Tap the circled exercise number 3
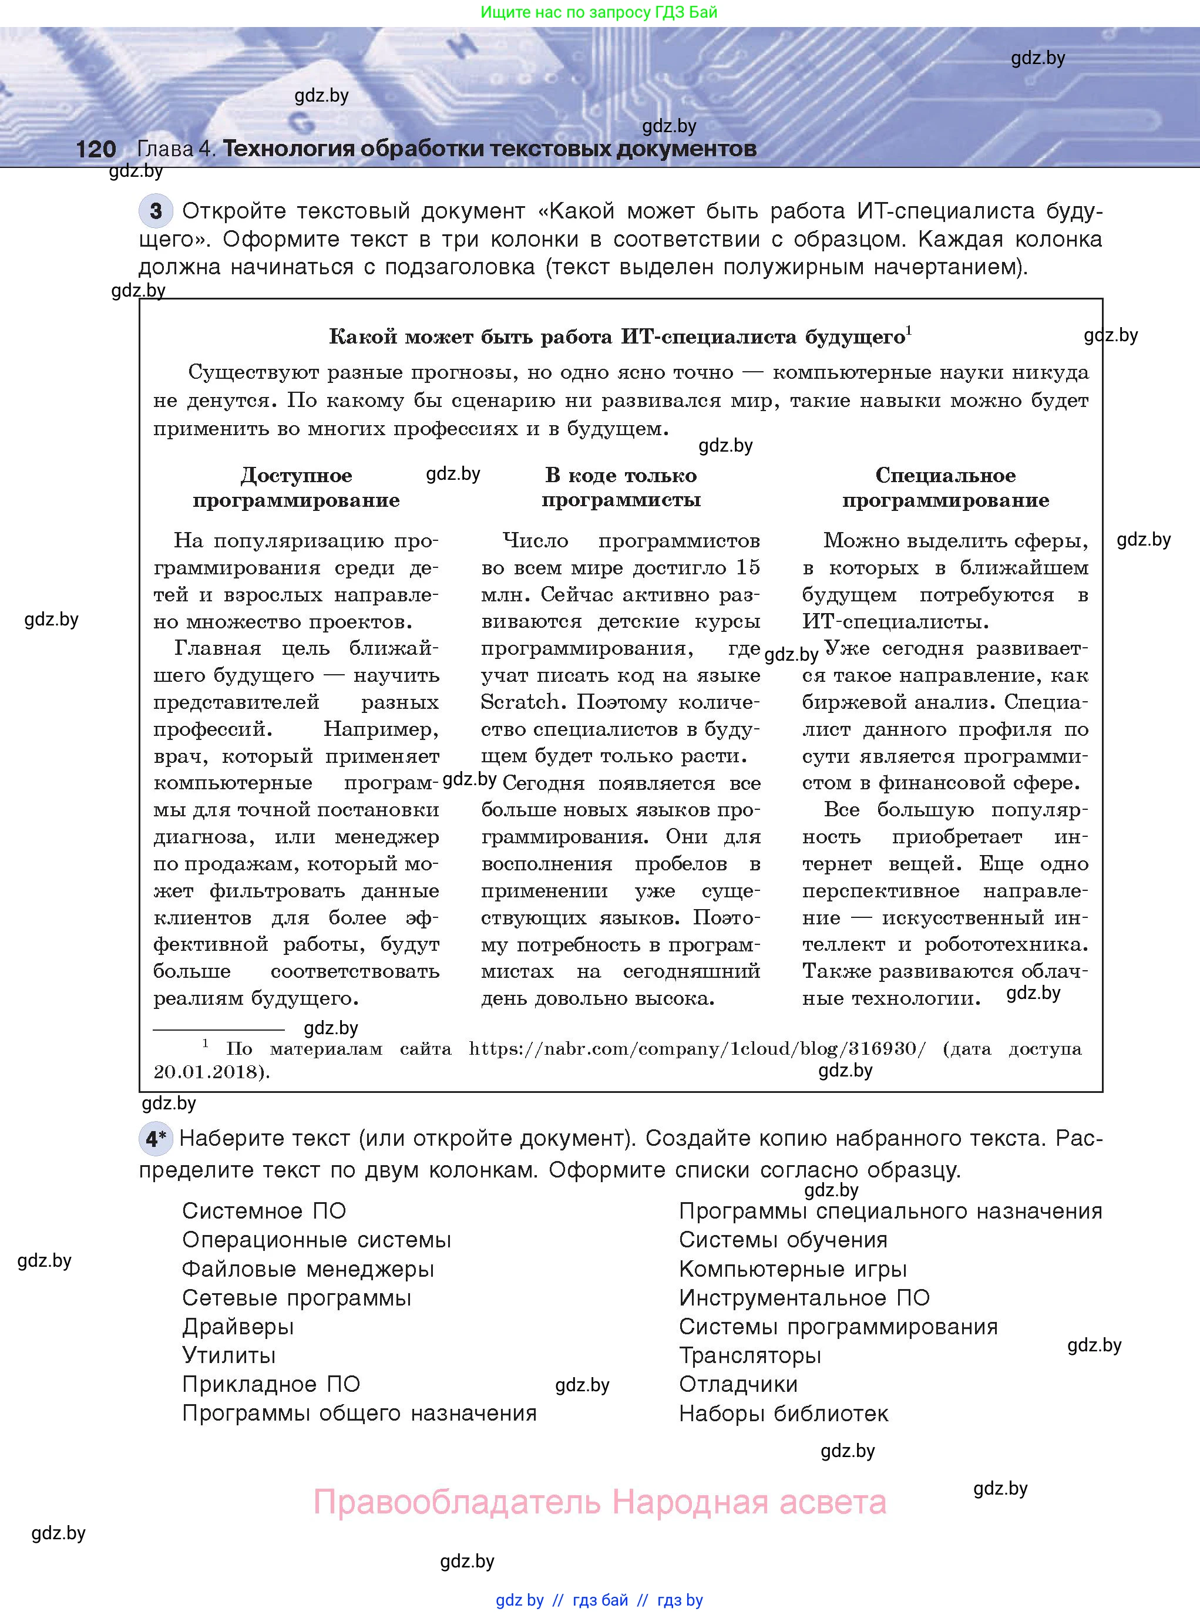pyautogui.click(x=156, y=211)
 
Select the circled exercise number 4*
pyautogui.click(x=156, y=1138)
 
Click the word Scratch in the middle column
pyautogui.click(x=520, y=702)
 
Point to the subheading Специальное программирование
pyautogui.click(x=945, y=487)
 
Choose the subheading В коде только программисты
pyautogui.click(x=621, y=487)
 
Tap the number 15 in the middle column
pyautogui.click(x=748, y=567)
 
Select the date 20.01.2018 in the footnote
pyautogui.click(x=207, y=1072)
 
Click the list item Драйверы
pyautogui.click(x=237, y=1327)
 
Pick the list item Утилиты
pyautogui.click(x=229, y=1355)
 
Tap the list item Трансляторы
pyautogui.click(x=749, y=1355)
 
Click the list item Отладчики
pyautogui.click(x=738, y=1384)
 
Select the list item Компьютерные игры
pyautogui.click(x=792, y=1269)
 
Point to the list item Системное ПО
pyautogui.click(x=264, y=1210)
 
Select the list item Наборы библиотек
pyautogui.click(x=783, y=1413)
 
